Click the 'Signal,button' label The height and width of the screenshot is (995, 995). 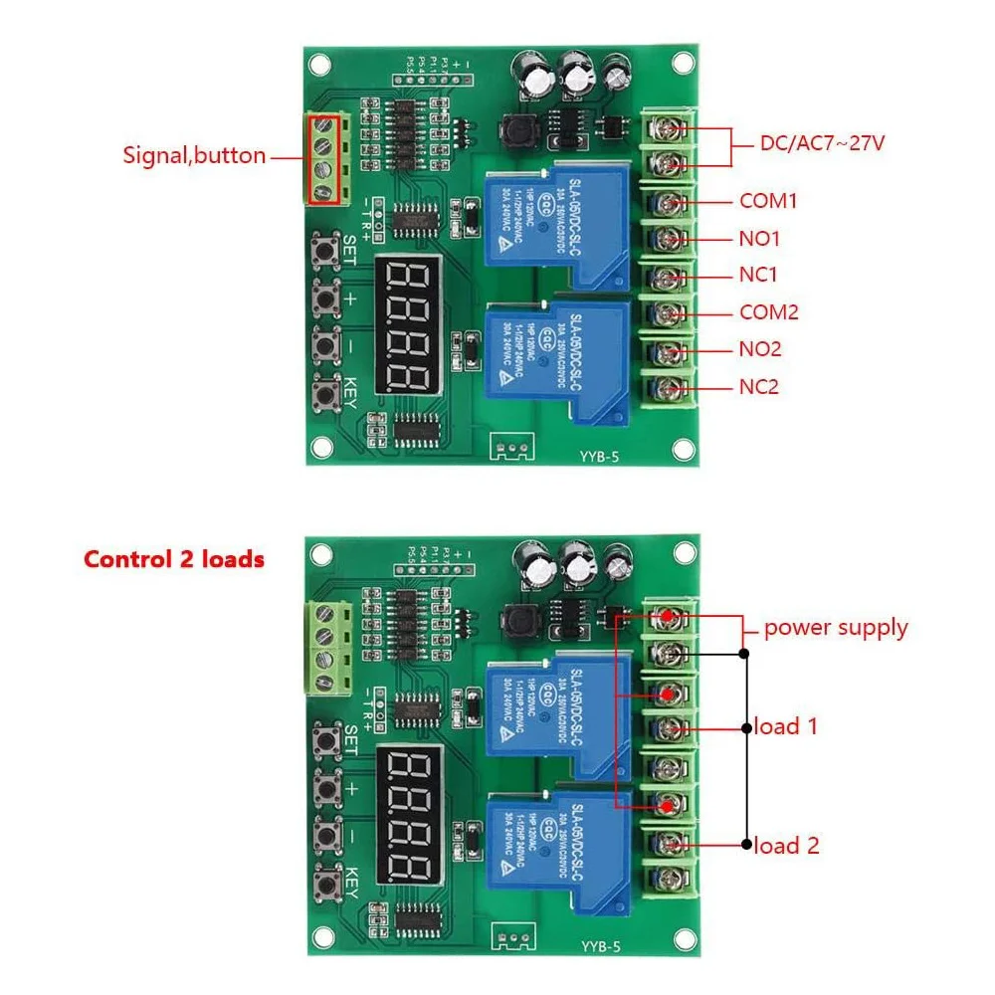coord(194,155)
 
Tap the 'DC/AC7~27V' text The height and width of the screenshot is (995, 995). coord(822,144)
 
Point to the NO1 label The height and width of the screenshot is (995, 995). coord(759,239)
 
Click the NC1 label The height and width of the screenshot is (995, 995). coord(758,275)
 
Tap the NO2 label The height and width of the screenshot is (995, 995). coord(759,349)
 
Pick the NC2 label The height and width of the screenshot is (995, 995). coord(758,386)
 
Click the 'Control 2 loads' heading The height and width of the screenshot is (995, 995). coord(174,559)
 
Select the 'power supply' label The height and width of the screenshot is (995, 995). coord(836,628)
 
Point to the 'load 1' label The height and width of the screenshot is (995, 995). coord(786,726)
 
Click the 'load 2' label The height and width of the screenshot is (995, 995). coord(786,846)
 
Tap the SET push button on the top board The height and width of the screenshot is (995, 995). coord(324,250)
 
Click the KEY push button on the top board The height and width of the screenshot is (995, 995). coord(324,398)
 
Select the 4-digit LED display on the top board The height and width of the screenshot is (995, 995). coord(409,326)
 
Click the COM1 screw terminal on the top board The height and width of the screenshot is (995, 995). coord(670,202)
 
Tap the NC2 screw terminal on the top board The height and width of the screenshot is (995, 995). coord(670,386)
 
